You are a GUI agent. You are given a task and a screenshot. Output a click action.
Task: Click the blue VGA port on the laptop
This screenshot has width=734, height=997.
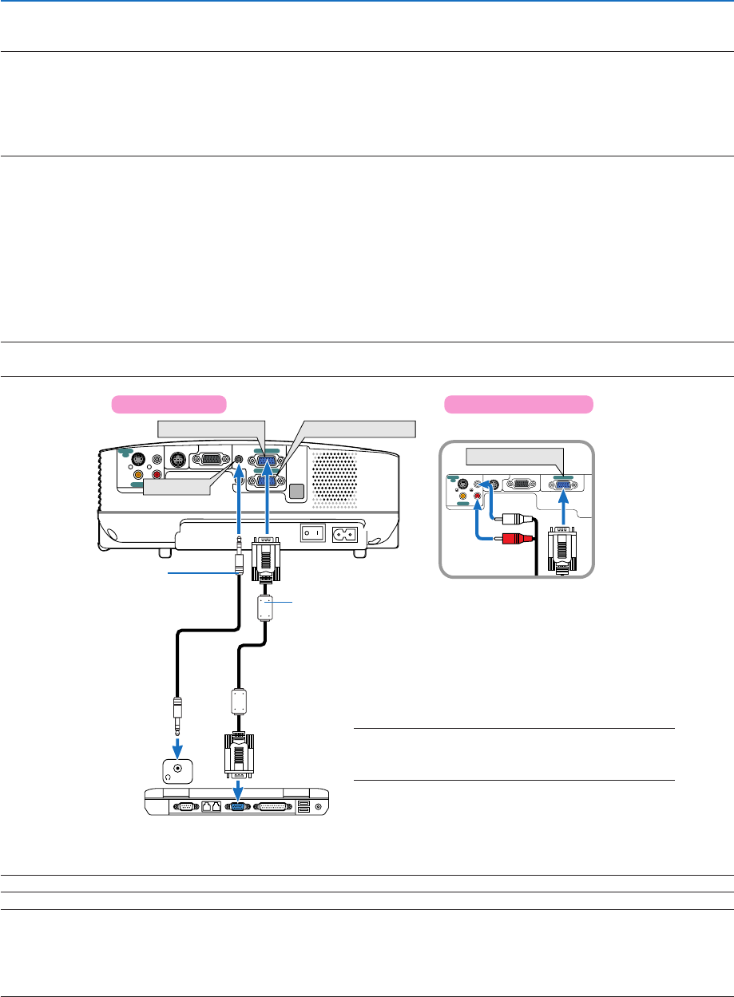237,807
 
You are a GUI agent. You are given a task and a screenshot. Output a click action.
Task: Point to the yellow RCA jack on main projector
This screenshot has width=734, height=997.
139,473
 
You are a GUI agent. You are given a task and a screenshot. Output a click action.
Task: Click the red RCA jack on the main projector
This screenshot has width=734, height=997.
157,474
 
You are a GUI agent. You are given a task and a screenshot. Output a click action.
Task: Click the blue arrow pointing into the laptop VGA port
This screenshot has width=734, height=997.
237,788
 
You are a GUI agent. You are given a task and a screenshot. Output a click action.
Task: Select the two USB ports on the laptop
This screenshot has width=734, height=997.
304,807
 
